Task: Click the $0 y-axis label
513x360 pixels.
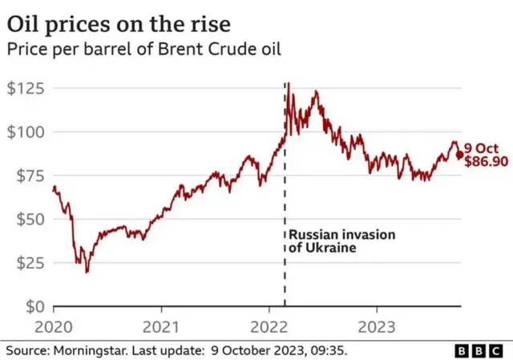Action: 32,306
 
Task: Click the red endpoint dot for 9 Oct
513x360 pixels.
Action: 459,155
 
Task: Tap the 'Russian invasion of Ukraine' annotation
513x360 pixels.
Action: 330,241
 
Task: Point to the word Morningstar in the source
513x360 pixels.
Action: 89,350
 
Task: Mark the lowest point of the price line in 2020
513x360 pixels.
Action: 87,272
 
